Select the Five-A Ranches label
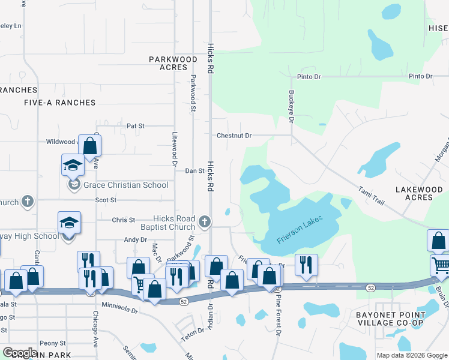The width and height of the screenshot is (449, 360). [x=59, y=103]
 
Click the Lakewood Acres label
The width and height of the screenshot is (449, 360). [x=420, y=193]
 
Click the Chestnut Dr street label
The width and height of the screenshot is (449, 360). [x=234, y=136]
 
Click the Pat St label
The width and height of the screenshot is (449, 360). [x=136, y=126]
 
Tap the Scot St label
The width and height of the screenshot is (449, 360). [x=105, y=200]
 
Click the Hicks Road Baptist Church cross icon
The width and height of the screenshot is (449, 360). [x=205, y=222]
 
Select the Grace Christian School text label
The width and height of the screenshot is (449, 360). [x=126, y=185]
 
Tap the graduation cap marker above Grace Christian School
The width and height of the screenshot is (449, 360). [x=73, y=164]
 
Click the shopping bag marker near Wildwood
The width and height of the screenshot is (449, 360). [x=89, y=145]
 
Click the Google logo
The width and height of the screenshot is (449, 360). [x=20, y=353]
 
